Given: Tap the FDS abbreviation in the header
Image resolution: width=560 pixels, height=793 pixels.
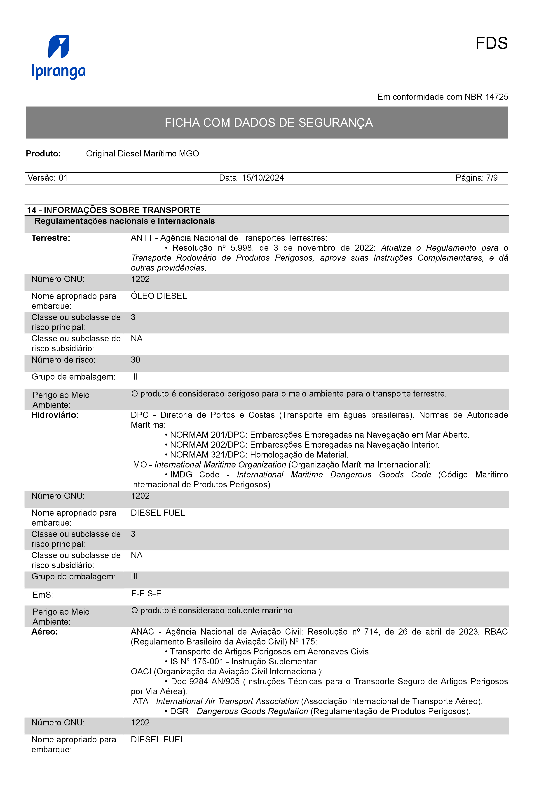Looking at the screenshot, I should pos(491,44).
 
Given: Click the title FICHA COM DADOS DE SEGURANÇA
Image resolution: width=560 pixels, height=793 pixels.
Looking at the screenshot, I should pos(268,123).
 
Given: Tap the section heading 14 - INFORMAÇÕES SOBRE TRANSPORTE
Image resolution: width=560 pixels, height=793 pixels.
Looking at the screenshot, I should pos(114,210).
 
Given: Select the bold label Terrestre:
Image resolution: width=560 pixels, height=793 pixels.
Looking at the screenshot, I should pos(51,238).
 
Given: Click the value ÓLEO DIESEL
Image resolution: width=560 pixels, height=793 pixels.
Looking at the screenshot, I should pos(159,296).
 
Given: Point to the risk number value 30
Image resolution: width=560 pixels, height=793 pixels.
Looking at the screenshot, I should pos(135,360).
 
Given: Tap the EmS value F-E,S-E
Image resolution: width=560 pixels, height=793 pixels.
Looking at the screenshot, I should pos(146,593).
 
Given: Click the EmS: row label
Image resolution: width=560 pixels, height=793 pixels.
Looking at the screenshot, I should pos(42,595).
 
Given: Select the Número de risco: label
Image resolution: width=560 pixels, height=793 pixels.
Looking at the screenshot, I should pos(63,360).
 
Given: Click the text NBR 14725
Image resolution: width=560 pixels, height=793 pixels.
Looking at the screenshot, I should pos(486,97).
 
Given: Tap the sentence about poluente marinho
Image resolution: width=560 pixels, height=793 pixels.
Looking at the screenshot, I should pos(213,610).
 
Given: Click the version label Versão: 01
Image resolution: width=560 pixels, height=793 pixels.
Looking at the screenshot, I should pos(48,178).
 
